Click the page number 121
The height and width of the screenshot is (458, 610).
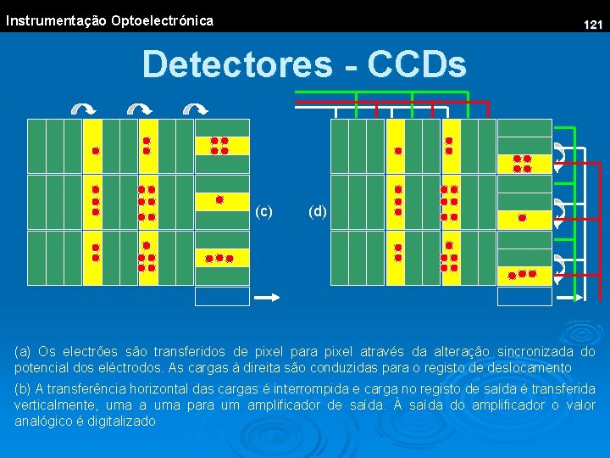(x=593, y=25)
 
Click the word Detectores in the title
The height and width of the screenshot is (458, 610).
(x=237, y=64)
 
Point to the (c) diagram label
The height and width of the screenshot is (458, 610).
(x=264, y=211)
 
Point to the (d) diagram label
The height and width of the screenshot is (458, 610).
(x=318, y=211)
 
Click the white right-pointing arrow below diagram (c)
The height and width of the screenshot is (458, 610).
(x=268, y=297)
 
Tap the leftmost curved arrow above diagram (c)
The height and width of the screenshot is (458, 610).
(x=82, y=109)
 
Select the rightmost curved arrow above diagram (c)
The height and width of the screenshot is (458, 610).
(x=196, y=109)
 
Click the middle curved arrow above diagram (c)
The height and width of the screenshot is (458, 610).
(x=139, y=109)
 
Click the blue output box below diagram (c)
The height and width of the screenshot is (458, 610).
(x=222, y=296)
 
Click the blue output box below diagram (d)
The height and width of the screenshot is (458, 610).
(x=524, y=296)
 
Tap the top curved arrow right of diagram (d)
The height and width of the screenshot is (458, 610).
(x=560, y=153)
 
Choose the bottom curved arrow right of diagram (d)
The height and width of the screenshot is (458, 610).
(x=560, y=265)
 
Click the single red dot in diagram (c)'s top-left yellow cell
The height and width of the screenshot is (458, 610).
(x=96, y=150)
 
